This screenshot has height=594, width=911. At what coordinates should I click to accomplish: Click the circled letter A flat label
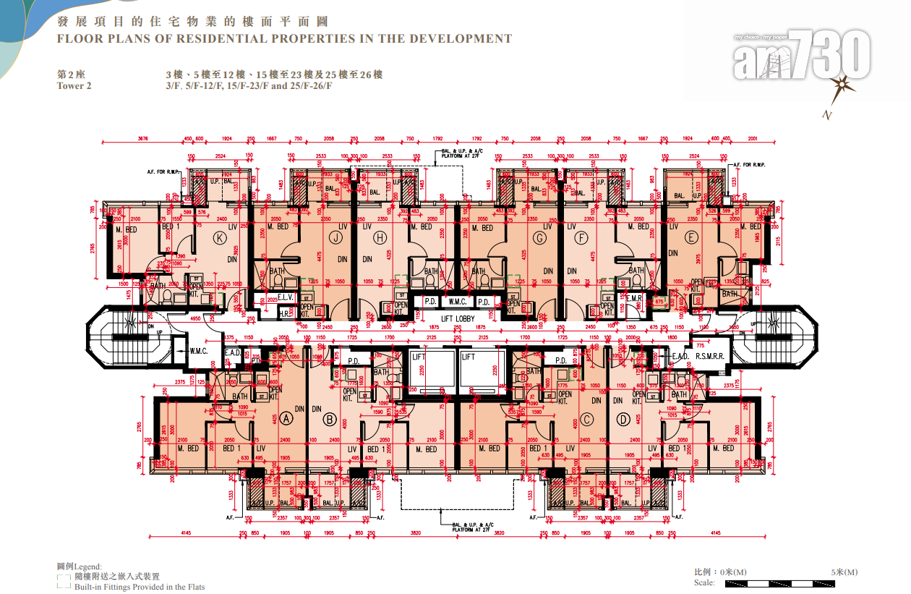click(x=286, y=417)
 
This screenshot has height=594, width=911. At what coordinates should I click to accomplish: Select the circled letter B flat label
click(x=329, y=418)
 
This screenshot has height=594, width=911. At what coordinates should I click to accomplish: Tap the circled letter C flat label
click(x=587, y=417)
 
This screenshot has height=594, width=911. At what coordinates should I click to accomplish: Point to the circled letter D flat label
click(x=623, y=418)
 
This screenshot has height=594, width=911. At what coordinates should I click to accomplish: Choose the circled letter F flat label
click(x=582, y=236)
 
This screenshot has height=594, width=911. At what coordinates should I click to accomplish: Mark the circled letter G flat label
click(x=539, y=236)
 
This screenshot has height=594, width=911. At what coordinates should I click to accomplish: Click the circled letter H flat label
click(x=380, y=236)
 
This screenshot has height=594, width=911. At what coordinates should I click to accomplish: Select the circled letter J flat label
click(x=335, y=236)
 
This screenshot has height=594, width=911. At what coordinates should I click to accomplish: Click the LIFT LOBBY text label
click(x=458, y=318)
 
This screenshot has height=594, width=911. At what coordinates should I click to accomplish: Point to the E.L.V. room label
click(x=286, y=297)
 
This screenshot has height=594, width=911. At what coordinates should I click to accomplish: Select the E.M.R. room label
click(x=634, y=297)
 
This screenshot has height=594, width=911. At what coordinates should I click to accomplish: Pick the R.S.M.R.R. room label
click(x=710, y=357)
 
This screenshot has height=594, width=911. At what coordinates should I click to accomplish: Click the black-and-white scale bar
click(x=790, y=582)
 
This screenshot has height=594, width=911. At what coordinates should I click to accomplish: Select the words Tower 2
click(x=74, y=86)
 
